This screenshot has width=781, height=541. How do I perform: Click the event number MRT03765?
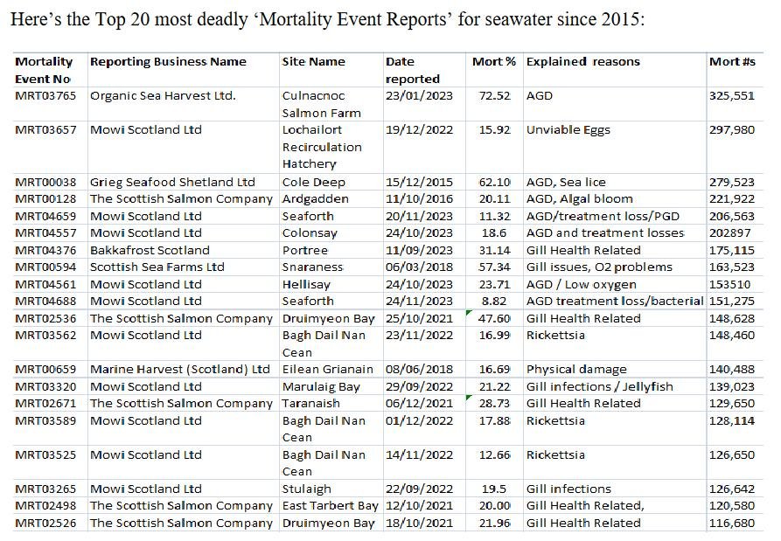(45, 95)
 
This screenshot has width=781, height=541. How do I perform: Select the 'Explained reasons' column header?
(582, 61)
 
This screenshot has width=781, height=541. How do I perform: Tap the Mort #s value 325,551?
(731, 95)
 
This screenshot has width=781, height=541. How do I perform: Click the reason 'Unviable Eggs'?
(568, 129)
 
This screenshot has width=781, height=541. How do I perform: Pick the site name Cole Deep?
(313, 182)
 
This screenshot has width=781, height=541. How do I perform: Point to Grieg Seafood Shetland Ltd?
(172, 182)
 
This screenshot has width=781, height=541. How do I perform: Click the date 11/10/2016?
(419, 198)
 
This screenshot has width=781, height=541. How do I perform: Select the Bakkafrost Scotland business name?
(150, 250)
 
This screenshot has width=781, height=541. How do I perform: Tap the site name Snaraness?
(313, 267)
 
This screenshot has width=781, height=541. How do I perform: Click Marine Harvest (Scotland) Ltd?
(180, 369)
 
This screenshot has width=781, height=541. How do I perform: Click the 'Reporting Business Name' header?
(168, 61)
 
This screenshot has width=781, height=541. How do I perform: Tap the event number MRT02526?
(45, 523)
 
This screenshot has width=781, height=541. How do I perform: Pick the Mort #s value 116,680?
(731, 523)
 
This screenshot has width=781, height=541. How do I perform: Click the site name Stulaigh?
(308, 489)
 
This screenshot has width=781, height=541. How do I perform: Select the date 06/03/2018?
(419, 267)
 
